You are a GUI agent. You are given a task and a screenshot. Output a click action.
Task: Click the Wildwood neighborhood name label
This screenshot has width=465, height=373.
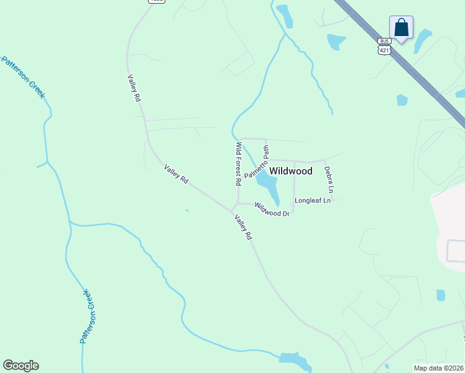pyautogui.click(x=291, y=171)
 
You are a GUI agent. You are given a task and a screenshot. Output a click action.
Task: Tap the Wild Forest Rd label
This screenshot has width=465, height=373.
pyautogui.click(x=237, y=164)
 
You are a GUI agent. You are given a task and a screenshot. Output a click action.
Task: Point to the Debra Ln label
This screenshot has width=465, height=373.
pyautogui.click(x=330, y=180)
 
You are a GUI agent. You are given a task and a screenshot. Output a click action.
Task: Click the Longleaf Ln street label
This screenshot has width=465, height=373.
pyautogui.click(x=313, y=201)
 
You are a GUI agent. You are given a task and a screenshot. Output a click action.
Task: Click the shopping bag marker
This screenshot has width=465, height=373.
pyautogui.click(x=401, y=28)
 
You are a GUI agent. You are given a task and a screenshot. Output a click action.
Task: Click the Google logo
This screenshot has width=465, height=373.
pyautogui.click(x=21, y=366)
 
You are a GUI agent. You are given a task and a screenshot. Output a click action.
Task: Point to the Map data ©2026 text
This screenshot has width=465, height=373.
pyautogui.click(x=439, y=368)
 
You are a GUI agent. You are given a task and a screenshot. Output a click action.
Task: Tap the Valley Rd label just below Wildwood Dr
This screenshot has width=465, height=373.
pyautogui.click(x=243, y=227)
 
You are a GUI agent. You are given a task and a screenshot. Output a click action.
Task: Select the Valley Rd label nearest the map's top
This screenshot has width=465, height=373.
pyautogui.click(x=134, y=88)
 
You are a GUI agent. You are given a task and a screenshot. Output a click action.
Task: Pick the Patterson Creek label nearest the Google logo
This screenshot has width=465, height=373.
pyautogui.click(x=88, y=317)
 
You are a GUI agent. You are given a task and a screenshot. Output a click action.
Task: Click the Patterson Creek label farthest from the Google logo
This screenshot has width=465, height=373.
pyautogui.click(x=24, y=77)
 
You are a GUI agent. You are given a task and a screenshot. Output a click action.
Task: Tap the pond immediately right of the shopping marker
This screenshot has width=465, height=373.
pyautogui.click(x=423, y=41)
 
